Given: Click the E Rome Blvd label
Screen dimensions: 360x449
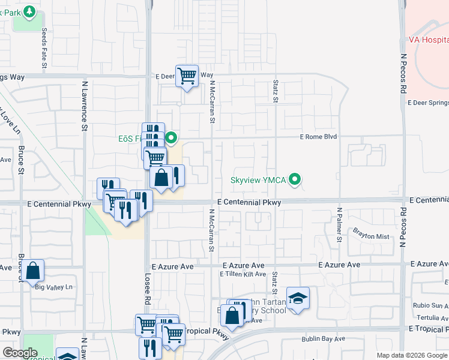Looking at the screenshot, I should [319, 137].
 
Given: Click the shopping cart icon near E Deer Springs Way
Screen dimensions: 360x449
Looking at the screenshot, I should [187, 76].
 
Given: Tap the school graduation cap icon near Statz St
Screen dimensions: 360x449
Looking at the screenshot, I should [297, 299].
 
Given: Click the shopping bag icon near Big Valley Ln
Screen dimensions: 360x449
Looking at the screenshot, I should [34, 271].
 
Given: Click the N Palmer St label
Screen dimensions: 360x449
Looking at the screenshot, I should [339, 224].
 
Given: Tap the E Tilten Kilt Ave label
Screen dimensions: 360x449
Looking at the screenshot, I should [243, 274].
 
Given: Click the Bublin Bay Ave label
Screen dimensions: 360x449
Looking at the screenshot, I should [323, 339].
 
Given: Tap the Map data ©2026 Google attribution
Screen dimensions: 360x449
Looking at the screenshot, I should [411, 355].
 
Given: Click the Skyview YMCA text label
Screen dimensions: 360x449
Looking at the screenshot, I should [259, 180].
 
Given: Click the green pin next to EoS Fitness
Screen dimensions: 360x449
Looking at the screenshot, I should [171, 138].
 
